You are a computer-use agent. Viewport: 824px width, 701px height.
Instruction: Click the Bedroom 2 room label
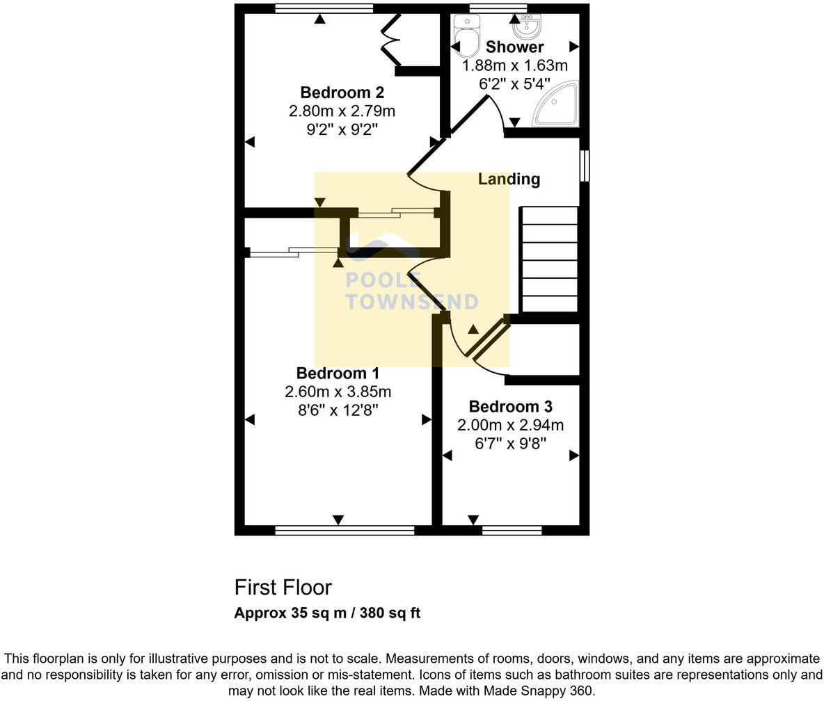(x=342, y=92)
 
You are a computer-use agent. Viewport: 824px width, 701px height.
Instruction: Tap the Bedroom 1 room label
(x=338, y=373)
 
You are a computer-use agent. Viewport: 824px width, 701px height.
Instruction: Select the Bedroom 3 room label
(x=509, y=407)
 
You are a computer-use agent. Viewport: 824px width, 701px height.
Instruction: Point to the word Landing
(x=509, y=179)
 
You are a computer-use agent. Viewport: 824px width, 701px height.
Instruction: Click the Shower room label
(x=514, y=47)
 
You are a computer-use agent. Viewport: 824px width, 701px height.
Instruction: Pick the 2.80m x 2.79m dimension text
(x=342, y=111)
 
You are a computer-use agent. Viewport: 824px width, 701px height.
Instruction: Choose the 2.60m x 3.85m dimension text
(x=338, y=392)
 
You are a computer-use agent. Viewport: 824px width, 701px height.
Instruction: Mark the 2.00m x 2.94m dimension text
(x=510, y=425)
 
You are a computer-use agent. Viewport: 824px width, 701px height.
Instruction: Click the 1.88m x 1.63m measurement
(x=515, y=66)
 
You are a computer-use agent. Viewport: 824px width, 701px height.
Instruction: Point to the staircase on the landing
(x=550, y=259)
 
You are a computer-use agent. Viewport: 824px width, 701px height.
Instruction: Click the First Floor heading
(x=283, y=588)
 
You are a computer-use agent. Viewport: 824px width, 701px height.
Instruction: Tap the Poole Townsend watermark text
(x=412, y=291)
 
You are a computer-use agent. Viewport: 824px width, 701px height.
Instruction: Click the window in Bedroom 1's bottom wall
(x=344, y=531)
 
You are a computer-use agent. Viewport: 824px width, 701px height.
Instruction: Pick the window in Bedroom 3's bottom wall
(x=512, y=531)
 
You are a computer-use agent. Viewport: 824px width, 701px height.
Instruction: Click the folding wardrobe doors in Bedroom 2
(x=390, y=40)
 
